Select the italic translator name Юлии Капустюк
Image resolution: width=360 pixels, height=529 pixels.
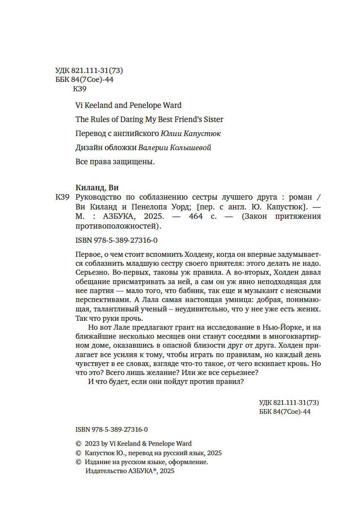tap(191, 134)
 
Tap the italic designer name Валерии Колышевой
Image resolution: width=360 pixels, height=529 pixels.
tap(175, 148)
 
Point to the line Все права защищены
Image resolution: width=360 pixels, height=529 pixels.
tap(114, 162)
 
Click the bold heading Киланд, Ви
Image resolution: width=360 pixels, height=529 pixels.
tap(97, 188)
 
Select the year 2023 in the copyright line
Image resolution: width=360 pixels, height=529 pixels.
tap(92, 443)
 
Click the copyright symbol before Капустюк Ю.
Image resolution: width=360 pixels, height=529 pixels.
tap(78, 453)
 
